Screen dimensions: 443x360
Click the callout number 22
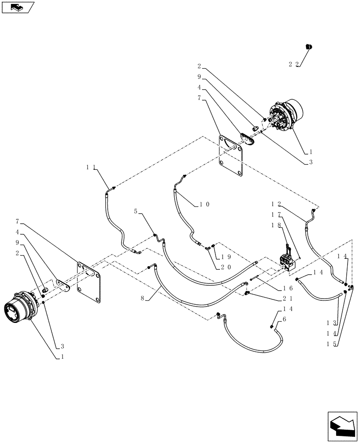pyautogui.click(x=293, y=64)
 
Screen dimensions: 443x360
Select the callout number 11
pyautogui.click(x=92, y=167)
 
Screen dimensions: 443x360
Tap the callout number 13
pyautogui.click(x=340, y=323)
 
